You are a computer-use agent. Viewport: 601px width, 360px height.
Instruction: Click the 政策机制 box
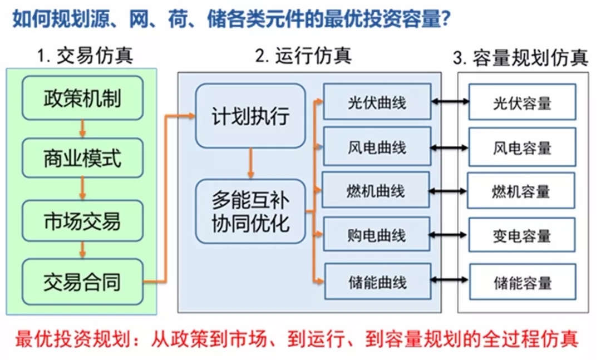pyautogui.click(x=82, y=99)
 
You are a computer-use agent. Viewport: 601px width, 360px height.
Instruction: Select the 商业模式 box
pyautogui.click(x=82, y=159)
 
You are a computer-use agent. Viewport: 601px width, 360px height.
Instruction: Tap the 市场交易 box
pyautogui.click(x=82, y=221)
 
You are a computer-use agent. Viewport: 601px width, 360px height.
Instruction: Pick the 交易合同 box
pyautogui.click(x=82, y=282)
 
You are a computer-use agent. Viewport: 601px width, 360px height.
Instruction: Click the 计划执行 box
pyautogui.click(x=250, y=115)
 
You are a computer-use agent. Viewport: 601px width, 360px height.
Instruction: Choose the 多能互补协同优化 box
pyautogui.click(x=250, y=211)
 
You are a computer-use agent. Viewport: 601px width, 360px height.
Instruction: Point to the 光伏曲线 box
pyautogui.click(x=377, y=102)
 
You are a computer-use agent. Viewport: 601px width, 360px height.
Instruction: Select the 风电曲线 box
pyautogui.click(x=377, y=147)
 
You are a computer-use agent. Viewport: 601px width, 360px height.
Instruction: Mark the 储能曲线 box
pyautogui.click(x=377, y=282)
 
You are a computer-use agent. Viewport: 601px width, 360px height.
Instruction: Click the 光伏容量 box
pyautogui.click(x=522, y=102)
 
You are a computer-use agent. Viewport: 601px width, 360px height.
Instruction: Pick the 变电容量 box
pyautogui.click(x=521, y=236)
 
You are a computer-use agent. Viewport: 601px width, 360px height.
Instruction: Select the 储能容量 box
pyautogui.click(x=522, y=282)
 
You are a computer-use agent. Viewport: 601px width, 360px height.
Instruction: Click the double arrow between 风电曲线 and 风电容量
pyautogui.click(x=450, y=147)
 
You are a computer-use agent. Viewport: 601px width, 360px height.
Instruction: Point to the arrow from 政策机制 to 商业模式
pyautogui.click(x=82, y=129)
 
